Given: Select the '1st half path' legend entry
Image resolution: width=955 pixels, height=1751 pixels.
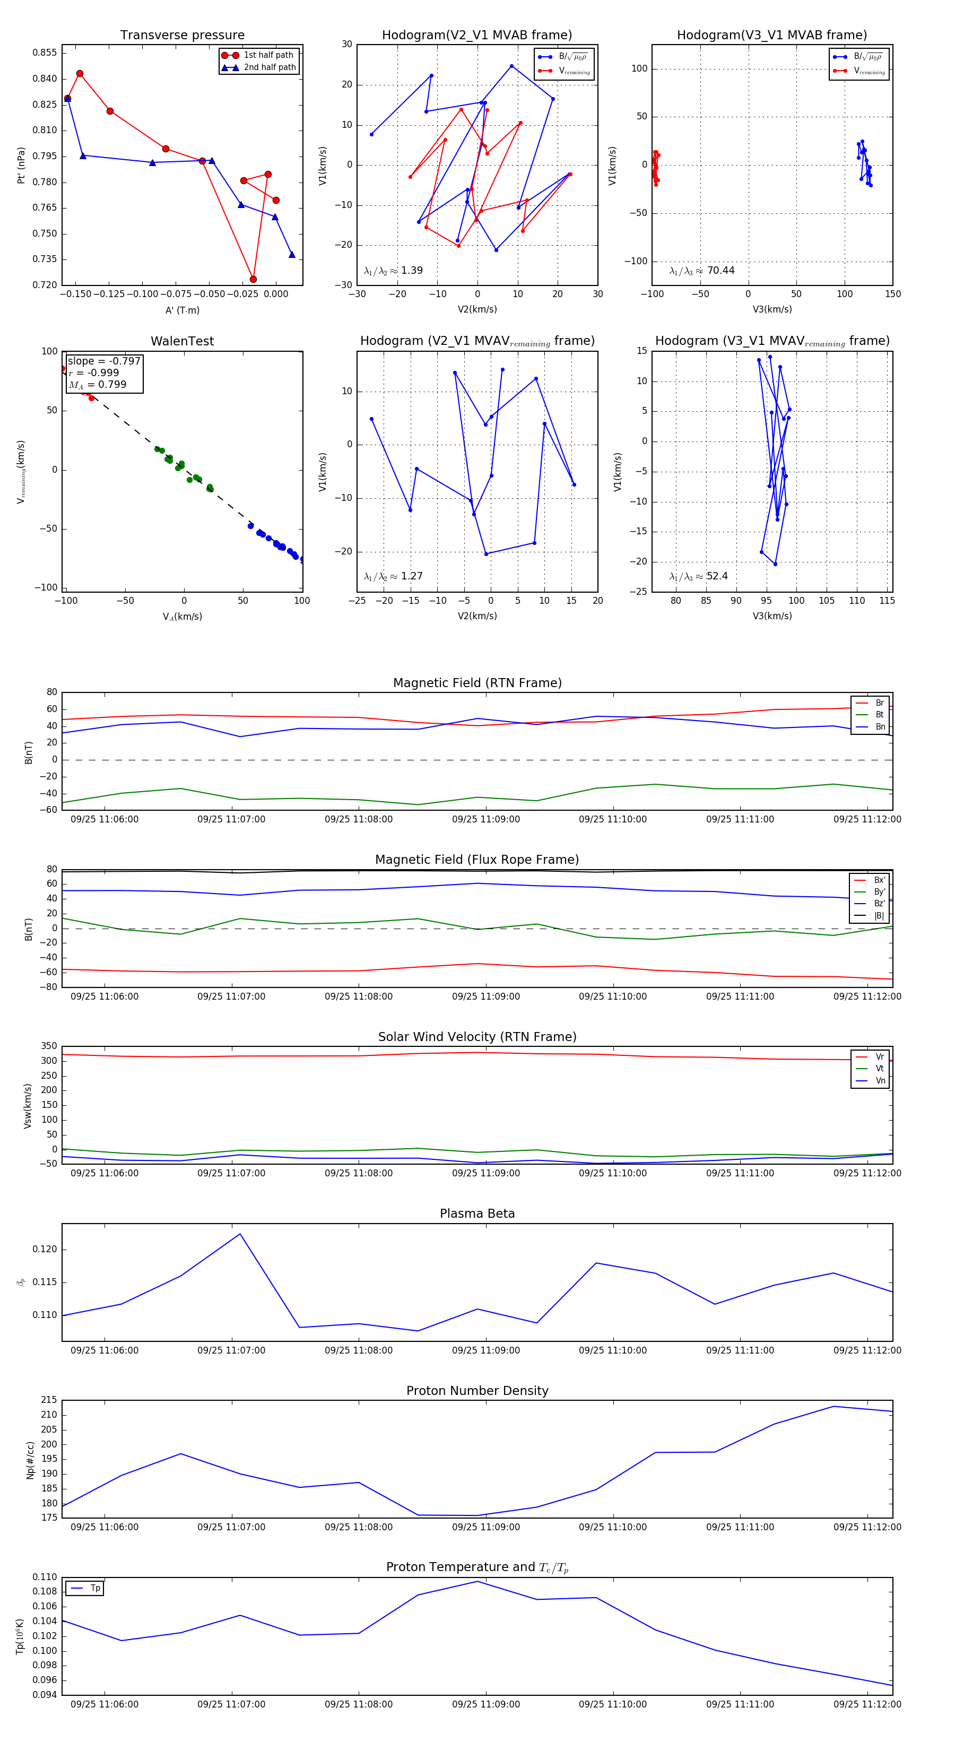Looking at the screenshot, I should point(268,55).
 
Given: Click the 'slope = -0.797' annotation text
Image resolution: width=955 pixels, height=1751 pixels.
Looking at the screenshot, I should point(104,361).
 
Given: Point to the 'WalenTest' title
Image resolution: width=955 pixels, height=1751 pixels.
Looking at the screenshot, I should point(182,341).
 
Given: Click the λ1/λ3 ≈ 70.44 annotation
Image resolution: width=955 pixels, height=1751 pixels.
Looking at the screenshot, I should point(701,271).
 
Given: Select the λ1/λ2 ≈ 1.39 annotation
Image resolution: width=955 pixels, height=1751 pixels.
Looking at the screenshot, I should point(393,271).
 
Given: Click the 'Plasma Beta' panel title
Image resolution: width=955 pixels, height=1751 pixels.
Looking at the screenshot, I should point(477,1214).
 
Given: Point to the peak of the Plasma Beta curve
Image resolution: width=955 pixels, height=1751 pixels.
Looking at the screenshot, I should point(240,1234).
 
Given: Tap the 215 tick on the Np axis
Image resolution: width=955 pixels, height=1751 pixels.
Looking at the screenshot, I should point(49,1400).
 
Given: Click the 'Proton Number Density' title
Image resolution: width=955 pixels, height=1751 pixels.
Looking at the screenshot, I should point(477,1391).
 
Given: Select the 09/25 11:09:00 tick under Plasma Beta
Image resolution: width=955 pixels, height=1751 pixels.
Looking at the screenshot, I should point(486,1350).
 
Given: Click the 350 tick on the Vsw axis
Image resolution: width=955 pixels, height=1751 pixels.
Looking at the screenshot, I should point(49,1046).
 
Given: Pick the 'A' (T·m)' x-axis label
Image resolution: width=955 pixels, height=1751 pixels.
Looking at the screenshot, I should point(182,310).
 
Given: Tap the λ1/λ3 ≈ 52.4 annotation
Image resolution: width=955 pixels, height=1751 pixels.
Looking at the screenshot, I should point(699,576).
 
